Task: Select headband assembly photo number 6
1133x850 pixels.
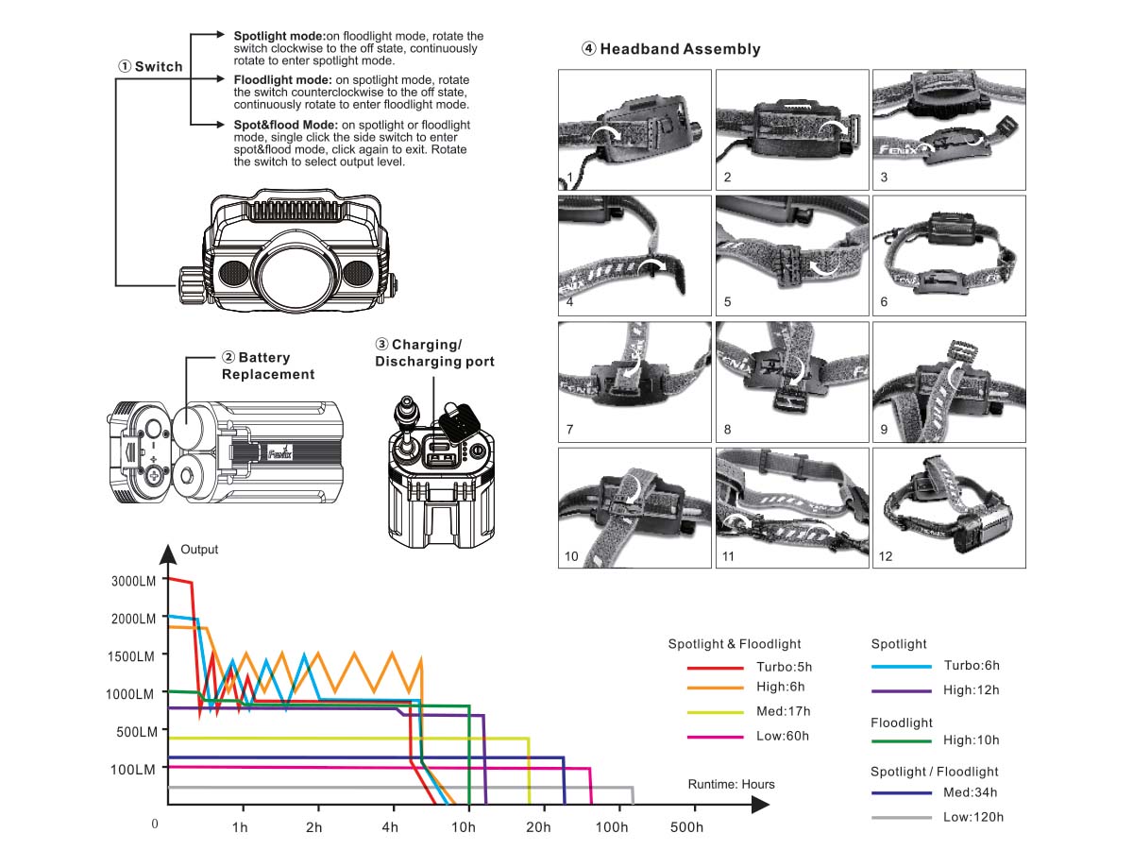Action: tap(949, 255)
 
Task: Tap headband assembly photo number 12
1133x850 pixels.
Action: tap(949, 507)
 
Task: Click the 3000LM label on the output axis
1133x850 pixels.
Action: tap(132, 581)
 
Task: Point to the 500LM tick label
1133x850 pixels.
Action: tap(132, 732)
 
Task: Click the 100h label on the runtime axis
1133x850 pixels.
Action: tap(612, 828)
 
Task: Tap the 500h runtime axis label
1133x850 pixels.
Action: tap(686, 828)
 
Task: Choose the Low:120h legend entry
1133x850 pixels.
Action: tap(972, 817)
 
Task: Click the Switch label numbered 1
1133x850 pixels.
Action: tap(150, 66)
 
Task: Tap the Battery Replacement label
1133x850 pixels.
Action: tap(267, 365)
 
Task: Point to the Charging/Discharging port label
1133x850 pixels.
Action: tap(434, 353)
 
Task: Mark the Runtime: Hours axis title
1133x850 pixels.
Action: tap(731, 784)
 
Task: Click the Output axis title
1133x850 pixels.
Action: tap(199, 550)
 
